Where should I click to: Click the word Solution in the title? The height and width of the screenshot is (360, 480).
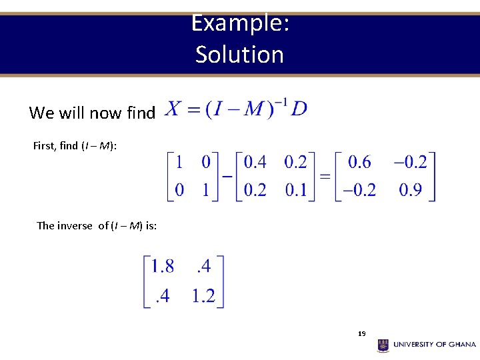click(x=239, y=55)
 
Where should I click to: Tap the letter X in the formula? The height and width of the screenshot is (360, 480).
click(x=173, y=109)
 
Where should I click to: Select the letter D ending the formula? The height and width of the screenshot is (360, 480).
click(x=299, y=109)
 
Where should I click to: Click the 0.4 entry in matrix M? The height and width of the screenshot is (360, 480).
click(x=255, y=162)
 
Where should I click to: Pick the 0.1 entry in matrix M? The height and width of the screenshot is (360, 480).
click(x=295, y=190)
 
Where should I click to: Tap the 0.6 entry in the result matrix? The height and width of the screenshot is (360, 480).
click(x=360, y=162)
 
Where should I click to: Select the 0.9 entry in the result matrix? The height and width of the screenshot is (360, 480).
click(x=410, y=190)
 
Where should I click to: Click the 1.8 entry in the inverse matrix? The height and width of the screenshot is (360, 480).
click(x=163, y=267)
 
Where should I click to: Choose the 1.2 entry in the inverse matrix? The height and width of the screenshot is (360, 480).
click(x=203, y=295)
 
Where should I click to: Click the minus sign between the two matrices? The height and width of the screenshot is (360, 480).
click(x=227, y=177)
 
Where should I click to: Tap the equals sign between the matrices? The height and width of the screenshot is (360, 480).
click(x=325, y=177)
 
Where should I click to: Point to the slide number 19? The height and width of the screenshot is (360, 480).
click(x=361, y=333)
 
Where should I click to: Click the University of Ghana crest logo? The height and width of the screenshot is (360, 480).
click(x=383, y=345)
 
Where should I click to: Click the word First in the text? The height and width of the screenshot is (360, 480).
click(x=43, y=145)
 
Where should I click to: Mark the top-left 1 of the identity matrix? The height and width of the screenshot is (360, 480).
click(x=179, y=162)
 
